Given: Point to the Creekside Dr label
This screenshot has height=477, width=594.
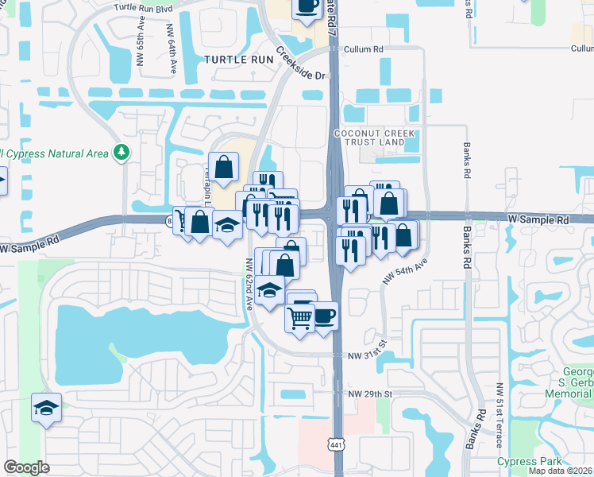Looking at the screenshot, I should pyautogui.click(x=302, y=65).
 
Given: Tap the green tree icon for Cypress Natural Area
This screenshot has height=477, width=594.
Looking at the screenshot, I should pyautogui.click(x=121, y=151).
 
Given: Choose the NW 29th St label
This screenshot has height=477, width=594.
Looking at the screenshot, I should pyautogui.click(x=371, y=394).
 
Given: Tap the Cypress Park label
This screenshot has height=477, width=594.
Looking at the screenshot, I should pyautogui.click(x=529, y=461).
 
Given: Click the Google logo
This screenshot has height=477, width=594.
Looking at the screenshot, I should pyautogui.click(x=27, y=467).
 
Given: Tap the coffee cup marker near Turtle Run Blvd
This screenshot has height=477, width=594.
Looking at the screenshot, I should pyautogui.click(x=307, y=7).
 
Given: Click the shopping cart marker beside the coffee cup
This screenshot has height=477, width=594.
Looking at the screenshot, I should pyautogui.click(x=300, y=318).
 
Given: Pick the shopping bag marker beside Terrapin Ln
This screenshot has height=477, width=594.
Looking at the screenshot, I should pyautogui.click(x=223, y=167).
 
